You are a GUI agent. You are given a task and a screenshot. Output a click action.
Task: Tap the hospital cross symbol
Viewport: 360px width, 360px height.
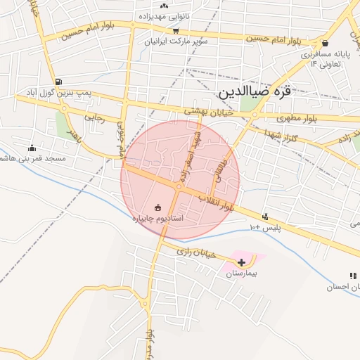(243, 262)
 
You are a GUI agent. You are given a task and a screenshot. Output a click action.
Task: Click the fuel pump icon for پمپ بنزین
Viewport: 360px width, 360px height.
(57, 82)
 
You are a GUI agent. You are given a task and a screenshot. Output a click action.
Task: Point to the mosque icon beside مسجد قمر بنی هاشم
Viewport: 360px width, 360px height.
(32, 148)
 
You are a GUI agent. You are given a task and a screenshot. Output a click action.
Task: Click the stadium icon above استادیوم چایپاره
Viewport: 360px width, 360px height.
(157, 207)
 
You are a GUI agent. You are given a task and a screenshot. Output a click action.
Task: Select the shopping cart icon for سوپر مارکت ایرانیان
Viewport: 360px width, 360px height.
(176, 30)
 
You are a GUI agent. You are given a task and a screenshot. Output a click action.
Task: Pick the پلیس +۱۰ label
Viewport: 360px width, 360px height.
(266, 228)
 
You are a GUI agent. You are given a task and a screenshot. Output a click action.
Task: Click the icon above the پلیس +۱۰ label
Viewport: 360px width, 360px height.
(265, 217)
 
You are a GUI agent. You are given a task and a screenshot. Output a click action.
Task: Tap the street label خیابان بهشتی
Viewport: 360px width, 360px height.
(207, 111)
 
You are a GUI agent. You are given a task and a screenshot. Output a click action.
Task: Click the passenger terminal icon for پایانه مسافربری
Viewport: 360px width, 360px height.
(324, 44)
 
